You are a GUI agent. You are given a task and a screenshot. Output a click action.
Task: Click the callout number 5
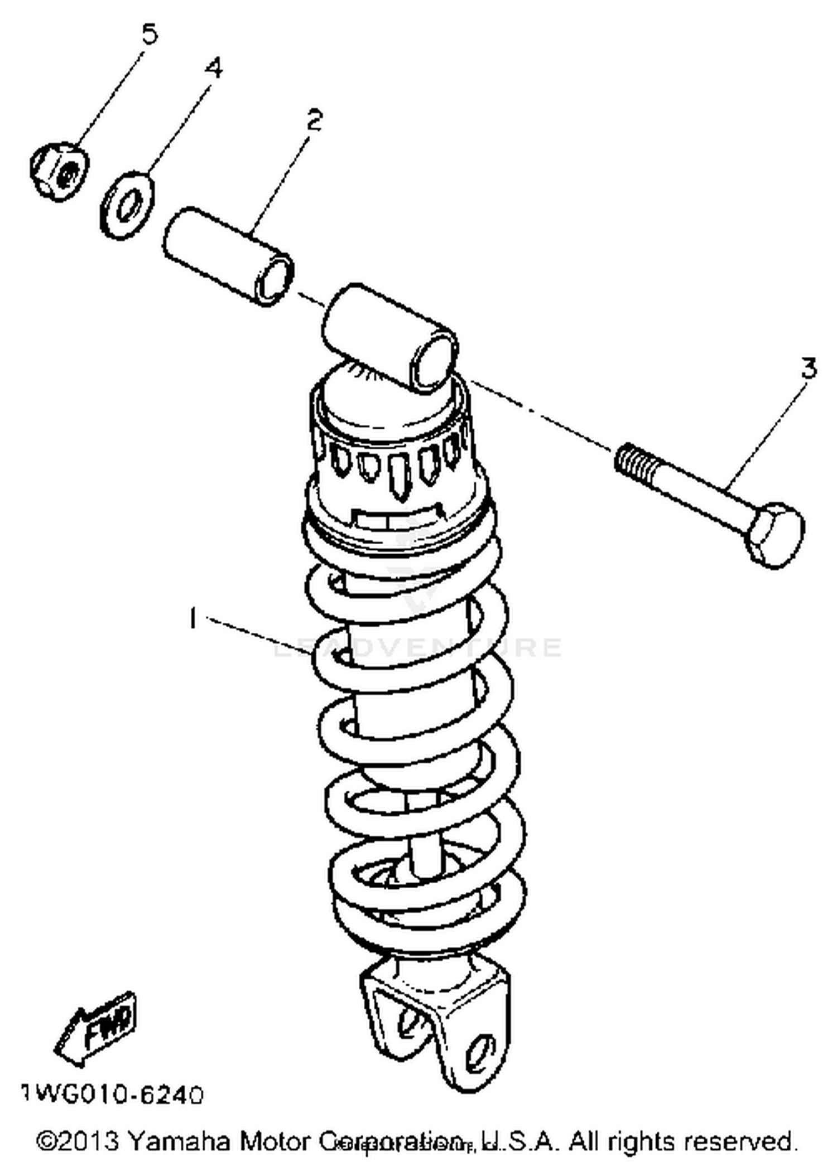click(149, 35)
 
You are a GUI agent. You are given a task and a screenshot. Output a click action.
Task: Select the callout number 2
click(314, 120)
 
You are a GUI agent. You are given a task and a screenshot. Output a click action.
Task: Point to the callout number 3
click(809, 369)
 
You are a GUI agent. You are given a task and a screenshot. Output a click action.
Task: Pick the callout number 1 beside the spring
click(193, 618)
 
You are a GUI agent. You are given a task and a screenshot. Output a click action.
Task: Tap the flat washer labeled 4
click(128, 205)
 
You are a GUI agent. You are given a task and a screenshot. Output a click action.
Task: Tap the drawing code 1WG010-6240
click(112, 1095)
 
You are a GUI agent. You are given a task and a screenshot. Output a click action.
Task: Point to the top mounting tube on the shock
click(391, 337)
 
